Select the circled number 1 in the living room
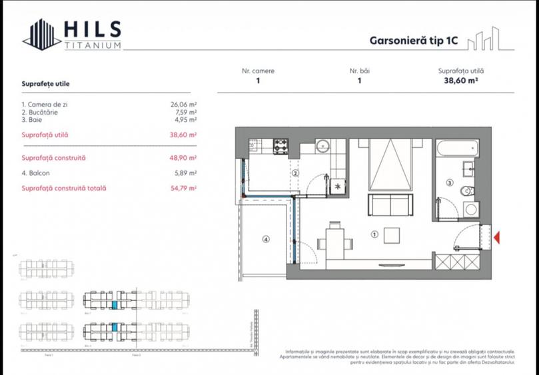click(374, 234)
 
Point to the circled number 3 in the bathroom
click(449, 182)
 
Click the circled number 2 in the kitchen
click(294, 174)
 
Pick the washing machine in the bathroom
click(470, 209)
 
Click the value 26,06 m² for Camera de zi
click(183, 105)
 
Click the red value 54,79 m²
click(183, 188)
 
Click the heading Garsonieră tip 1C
click(414, 40)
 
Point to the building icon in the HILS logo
click(41, 33)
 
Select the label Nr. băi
click(360, 71)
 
